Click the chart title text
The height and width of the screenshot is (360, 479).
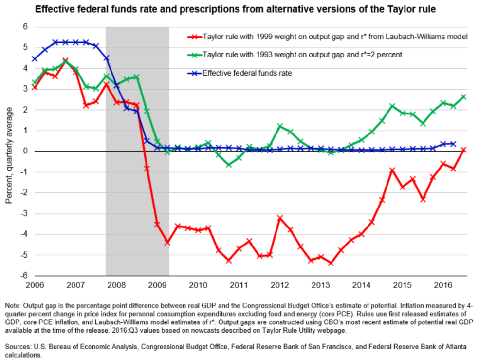pos(239,8)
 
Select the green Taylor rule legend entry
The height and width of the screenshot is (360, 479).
pos(302,55)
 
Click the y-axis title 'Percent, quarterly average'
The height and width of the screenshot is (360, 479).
pos(9,151)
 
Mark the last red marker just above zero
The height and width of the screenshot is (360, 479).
pos(464,150)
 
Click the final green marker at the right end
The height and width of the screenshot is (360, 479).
pos(464,96)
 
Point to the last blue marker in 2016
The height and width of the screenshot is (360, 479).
pos(453,144)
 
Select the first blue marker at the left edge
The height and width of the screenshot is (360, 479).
pos(34,59)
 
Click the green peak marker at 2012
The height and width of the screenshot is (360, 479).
pos(280,126)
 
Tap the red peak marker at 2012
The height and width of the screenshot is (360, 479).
pos(280,218)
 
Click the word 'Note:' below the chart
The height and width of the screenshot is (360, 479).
pos(13,305)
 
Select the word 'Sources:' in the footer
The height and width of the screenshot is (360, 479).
pos(18,346)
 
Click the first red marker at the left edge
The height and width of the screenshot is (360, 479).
pos(34,87)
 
